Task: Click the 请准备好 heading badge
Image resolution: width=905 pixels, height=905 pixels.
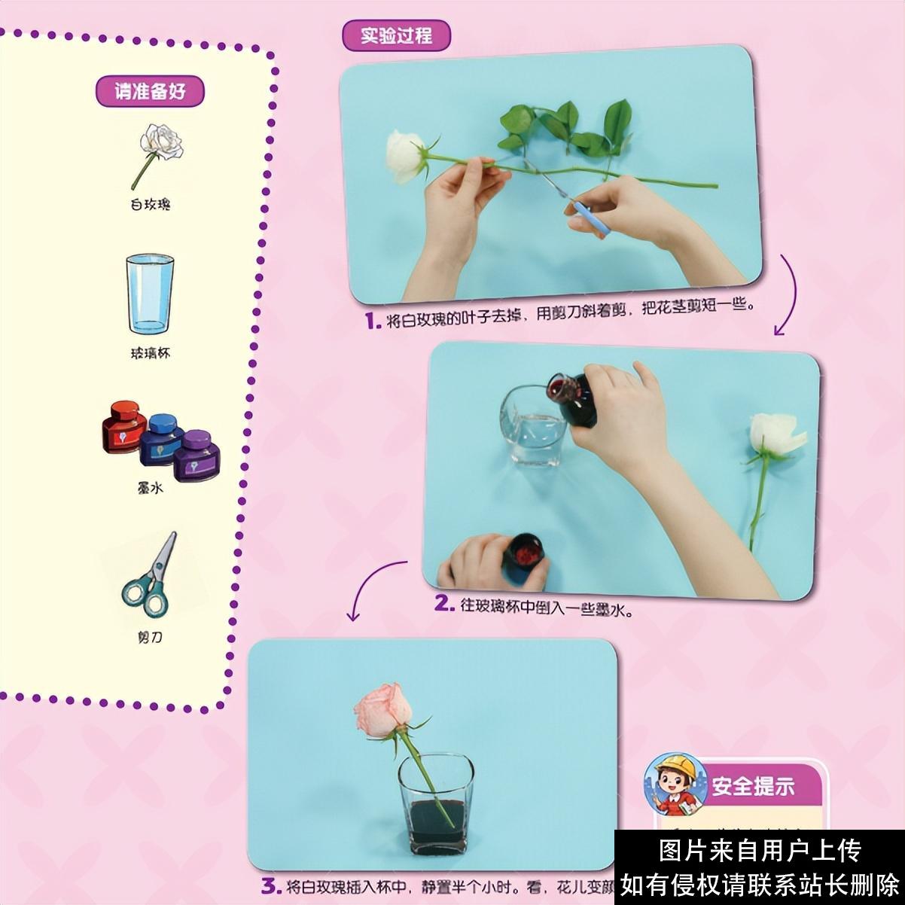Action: (150, 91)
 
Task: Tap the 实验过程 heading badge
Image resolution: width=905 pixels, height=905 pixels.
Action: (396, 35)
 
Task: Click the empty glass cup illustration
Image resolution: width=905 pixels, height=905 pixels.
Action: (149, 294)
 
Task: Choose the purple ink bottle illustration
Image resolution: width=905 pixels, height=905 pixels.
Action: (197, 456)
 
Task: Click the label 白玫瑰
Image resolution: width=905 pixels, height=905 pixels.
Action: (150, 204)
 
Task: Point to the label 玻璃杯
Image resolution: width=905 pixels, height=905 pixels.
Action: (150, 352)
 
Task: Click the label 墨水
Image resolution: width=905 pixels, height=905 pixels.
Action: (150, 488)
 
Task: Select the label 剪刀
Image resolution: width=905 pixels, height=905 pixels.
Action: (149, 637)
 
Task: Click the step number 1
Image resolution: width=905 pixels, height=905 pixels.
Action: (371, 321)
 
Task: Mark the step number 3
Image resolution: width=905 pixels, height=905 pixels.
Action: (270, 886)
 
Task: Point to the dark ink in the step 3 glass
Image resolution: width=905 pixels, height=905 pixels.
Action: (436, 824)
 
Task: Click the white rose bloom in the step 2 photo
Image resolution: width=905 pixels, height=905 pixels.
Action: (773, 434)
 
